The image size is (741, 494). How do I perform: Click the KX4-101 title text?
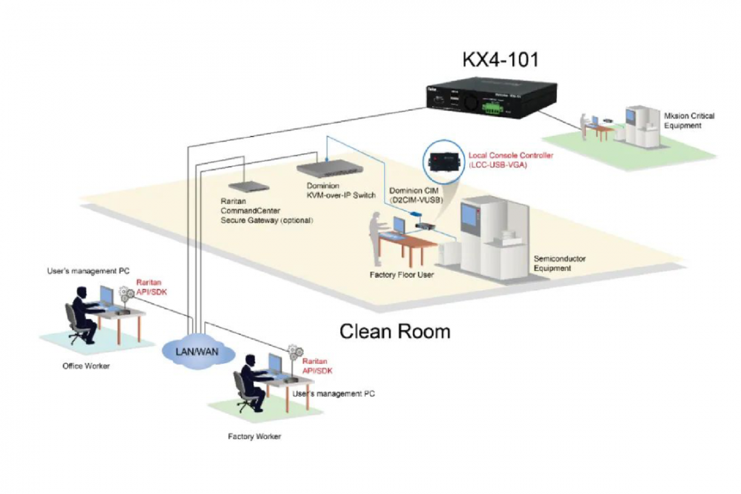coord(500,60)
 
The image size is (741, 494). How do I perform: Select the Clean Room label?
coord(395,331)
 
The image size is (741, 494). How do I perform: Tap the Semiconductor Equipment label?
coord(560,263)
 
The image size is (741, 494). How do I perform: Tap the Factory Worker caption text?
coord(255,436)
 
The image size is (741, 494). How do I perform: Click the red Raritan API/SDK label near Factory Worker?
coord(316,366)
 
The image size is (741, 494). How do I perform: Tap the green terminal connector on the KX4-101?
coord(493,107)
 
